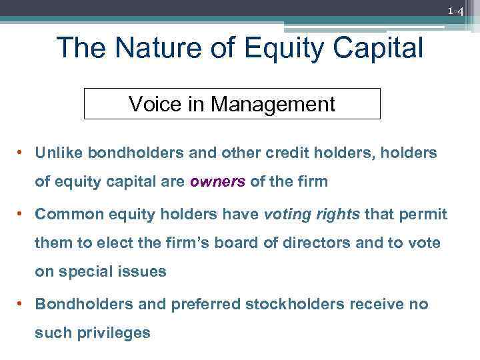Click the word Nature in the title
coord(154,48)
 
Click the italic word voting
coord(286,214)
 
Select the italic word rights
coord(337,214)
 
